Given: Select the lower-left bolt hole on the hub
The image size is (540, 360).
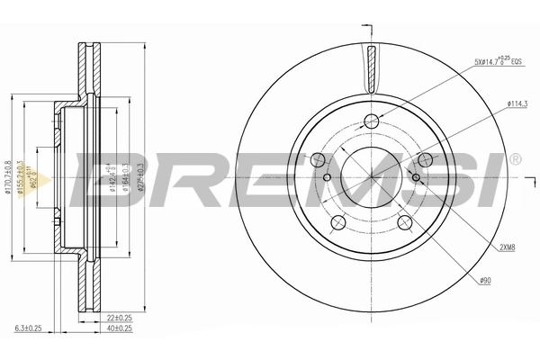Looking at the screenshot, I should click(338, 220).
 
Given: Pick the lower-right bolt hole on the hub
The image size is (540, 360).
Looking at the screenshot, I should click(403, 222).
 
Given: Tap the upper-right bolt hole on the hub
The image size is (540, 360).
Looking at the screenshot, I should click(424, 160).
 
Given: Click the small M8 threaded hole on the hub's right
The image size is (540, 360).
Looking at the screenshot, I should click(416, 177).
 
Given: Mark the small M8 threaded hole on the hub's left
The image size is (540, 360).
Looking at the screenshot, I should click(327, 177).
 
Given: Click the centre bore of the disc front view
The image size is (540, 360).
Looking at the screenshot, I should click(372, 176).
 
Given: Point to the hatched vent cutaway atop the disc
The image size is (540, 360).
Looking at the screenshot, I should click(372, 67).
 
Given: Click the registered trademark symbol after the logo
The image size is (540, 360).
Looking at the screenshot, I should click(514, 160).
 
